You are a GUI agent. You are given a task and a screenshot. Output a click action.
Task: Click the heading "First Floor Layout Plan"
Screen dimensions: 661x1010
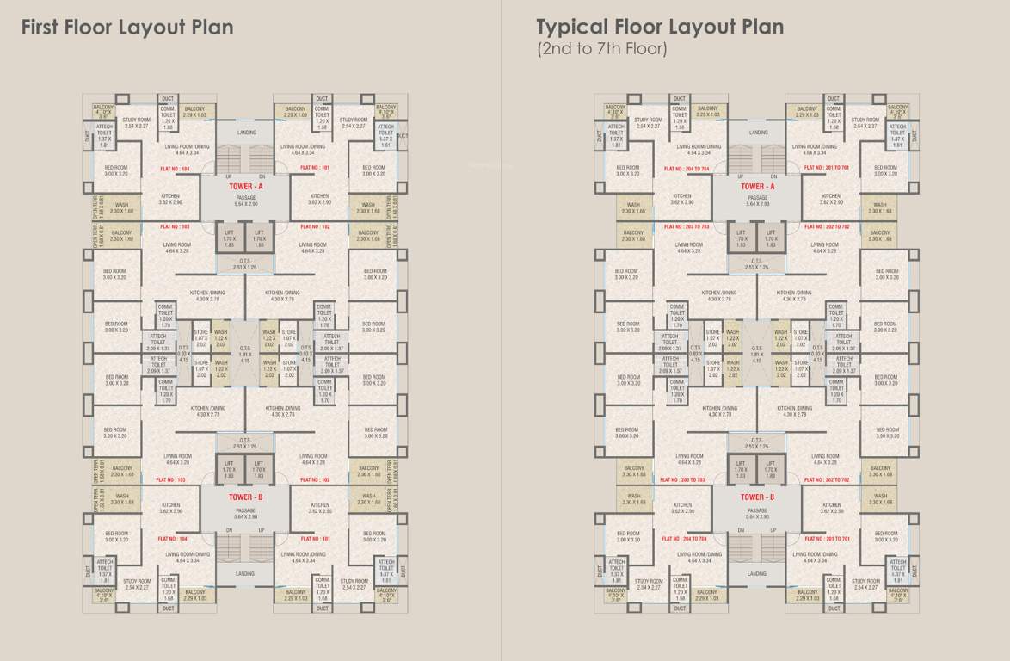[126, 28]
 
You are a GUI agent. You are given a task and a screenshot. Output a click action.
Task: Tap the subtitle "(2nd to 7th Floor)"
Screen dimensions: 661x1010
[601, 49]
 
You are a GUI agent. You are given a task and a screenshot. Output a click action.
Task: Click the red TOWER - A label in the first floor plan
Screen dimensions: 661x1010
[245, 186]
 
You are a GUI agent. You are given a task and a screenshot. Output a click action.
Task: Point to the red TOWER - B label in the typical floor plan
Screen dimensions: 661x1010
[757, 497]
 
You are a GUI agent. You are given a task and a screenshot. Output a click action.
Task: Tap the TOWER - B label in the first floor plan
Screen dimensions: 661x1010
[245, 497]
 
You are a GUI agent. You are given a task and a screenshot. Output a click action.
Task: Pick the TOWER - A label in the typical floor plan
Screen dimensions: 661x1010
[757, 186]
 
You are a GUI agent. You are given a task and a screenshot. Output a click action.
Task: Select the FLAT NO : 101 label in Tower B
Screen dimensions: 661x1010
[314, 538]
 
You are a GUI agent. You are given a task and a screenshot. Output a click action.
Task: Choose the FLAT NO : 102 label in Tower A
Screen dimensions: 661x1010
[315, 226]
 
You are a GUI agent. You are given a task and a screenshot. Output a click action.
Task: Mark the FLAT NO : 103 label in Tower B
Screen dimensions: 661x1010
[170, 479]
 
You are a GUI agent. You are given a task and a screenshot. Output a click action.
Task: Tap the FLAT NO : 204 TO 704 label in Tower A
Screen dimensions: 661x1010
[687, 168]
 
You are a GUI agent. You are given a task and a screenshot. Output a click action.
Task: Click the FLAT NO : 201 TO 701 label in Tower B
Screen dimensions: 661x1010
[827, 539]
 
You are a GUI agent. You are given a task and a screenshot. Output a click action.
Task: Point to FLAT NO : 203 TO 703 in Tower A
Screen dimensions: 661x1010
[686, 227]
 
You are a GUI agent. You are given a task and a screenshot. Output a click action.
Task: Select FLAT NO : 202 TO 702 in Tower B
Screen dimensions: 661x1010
[827, 479]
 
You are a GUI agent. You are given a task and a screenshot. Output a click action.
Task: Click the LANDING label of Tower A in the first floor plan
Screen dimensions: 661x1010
[246, 133]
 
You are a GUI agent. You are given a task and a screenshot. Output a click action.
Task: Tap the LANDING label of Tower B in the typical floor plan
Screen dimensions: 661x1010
[757, 573]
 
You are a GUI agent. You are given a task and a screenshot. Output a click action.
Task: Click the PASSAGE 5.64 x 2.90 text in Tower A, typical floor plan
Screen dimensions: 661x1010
[757, 201]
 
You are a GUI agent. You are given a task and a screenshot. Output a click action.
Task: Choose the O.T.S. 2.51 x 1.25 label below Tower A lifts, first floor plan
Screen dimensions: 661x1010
[245, 264]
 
